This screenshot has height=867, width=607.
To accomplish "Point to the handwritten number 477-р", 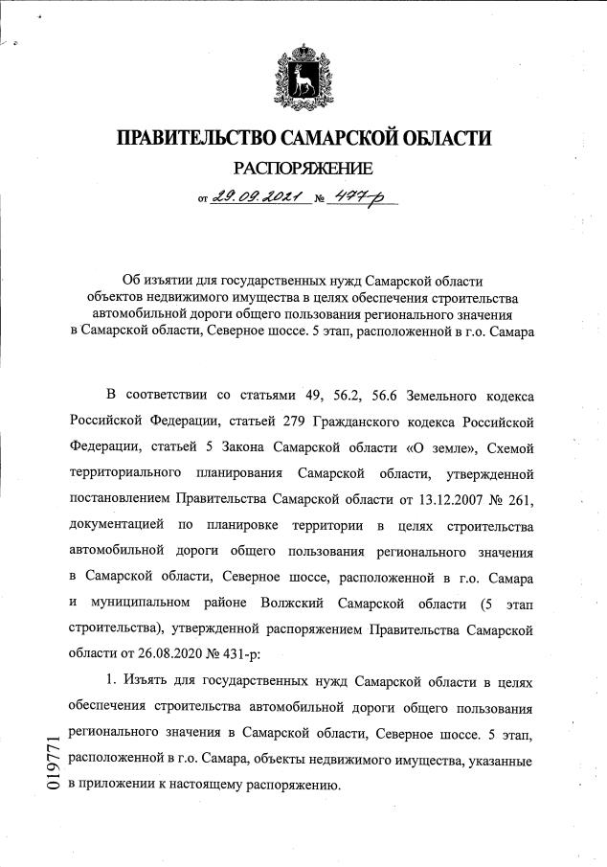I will [367, 197].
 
